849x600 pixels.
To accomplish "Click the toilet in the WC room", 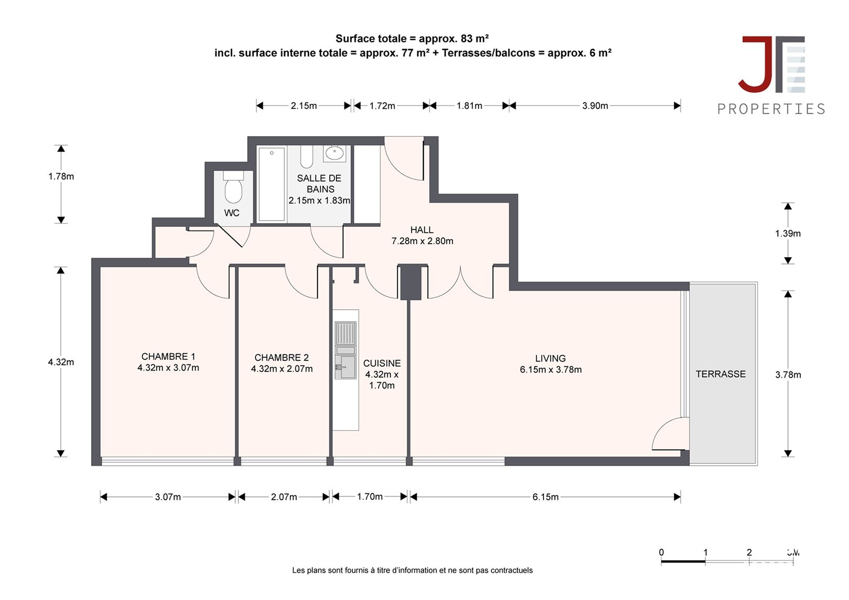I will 233,189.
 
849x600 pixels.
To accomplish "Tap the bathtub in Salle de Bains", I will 271,184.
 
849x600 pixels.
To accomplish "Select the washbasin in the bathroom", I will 334,154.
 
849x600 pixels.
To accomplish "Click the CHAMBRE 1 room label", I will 168,356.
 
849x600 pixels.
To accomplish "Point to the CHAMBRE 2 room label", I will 281,357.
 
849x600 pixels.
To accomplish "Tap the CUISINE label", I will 382,363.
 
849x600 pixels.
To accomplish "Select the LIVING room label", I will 550,358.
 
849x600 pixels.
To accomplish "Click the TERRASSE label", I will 721,374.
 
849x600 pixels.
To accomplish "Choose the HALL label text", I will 422,230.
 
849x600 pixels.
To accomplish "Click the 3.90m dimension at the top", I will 595,106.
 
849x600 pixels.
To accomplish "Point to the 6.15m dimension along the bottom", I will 546,497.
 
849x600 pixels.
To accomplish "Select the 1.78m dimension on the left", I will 61,177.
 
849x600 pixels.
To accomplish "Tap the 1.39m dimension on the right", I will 788,234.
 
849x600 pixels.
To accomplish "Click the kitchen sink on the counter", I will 345,366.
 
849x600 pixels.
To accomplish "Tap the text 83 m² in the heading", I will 475,38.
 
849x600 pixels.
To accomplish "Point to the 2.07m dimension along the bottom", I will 284,497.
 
